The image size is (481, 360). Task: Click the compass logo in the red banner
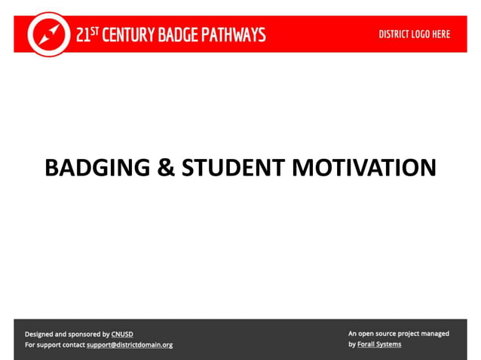(49, 34)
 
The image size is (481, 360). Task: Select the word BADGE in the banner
(182, 35)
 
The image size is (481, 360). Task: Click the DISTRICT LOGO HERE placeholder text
(414, 35)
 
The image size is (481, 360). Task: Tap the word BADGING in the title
(97, 167)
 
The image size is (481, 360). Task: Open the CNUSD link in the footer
(122, 334)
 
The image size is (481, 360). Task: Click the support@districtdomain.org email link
(130, 345)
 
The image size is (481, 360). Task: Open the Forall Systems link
(380, 344)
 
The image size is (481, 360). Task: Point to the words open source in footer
(378, 333)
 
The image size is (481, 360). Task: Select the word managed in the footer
(435, 333)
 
